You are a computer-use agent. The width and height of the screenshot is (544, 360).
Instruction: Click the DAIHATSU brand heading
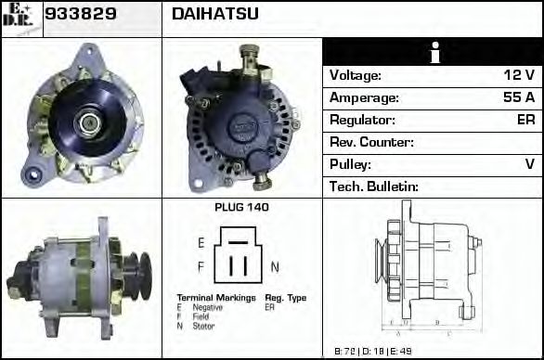214,15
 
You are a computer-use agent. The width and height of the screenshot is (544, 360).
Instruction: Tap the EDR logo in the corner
20,18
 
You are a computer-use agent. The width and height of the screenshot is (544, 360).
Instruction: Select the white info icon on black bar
432,53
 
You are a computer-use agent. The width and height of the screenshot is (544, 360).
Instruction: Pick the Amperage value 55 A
517,97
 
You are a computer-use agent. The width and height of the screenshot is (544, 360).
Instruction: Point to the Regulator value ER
525,120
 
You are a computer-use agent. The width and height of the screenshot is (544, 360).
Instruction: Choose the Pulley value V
529,164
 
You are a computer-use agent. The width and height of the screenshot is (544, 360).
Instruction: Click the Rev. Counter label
371,142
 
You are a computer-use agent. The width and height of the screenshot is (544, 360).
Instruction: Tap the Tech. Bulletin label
374,186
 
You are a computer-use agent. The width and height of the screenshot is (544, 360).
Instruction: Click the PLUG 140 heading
241,208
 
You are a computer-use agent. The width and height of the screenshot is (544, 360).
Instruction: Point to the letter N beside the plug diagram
275,266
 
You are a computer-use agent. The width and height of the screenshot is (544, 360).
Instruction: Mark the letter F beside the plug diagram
201,266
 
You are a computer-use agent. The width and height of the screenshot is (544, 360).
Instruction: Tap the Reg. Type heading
285,298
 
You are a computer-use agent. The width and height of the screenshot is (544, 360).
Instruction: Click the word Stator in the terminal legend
204,326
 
